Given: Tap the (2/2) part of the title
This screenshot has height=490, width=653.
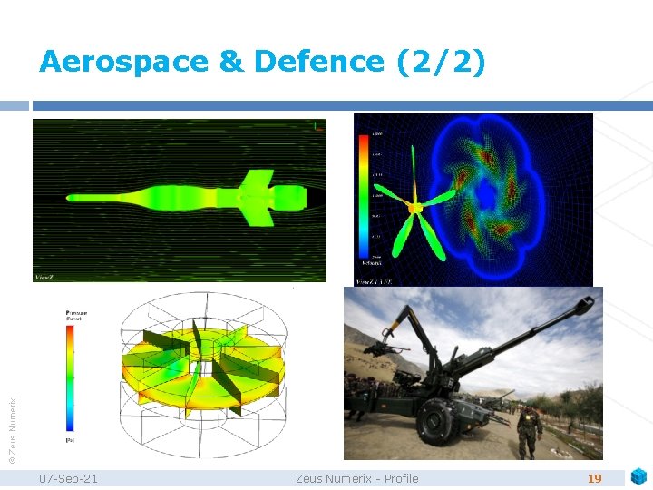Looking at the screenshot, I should coord(441,62).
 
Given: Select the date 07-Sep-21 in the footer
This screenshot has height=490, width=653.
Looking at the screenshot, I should coord(70,478).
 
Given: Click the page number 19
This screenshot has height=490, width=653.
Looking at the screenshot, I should coord(595,478).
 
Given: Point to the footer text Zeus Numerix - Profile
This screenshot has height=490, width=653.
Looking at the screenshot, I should coord(356,478).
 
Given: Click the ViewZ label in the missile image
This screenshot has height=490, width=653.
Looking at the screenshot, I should coord(46,276).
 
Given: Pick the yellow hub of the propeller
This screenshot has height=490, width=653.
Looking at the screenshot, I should coord(416,209).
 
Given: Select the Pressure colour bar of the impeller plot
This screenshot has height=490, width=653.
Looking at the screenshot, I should coord(71,377).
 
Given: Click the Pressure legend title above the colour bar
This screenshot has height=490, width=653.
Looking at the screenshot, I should coord(74,313).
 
